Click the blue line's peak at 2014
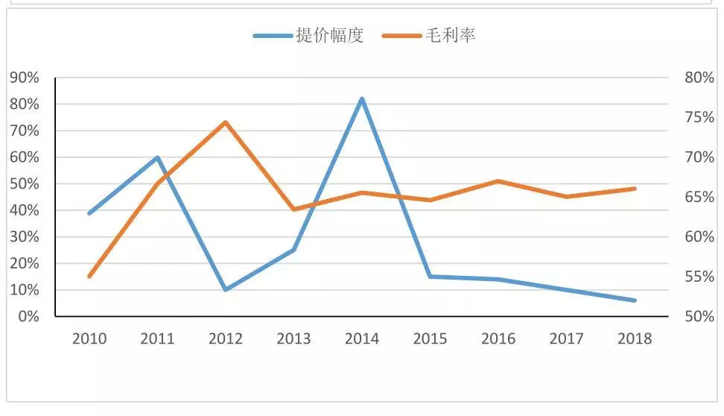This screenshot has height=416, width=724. [x=362, y=99]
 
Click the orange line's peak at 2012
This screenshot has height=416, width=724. [x=225, y=122]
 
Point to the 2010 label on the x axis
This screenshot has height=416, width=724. [x=89, y=338]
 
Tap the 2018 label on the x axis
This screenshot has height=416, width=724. [x=634, y=338]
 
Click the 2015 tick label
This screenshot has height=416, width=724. [x=430, y=338]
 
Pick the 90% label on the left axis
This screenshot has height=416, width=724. [x=24, y=78]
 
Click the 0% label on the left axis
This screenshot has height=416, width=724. [x=28, y=317]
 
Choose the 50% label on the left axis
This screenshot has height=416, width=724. [x=24, y=184]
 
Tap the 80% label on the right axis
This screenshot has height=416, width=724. [x=699, y=78]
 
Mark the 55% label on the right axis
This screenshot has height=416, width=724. [x=699, y=277]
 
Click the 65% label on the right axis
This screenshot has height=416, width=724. [x=699, y=197]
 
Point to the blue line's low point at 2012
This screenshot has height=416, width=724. [x=225, y=289]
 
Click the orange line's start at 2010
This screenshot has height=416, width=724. [x=89, y=277]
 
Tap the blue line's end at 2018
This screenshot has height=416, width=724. [x=634, y=300]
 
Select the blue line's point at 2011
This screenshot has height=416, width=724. [x=157, y=157]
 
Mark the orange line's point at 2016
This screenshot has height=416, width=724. [x=498, y=181]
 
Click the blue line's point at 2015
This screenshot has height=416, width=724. [x=430, y=277]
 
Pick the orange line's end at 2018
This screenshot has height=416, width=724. [x=634, y=189]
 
